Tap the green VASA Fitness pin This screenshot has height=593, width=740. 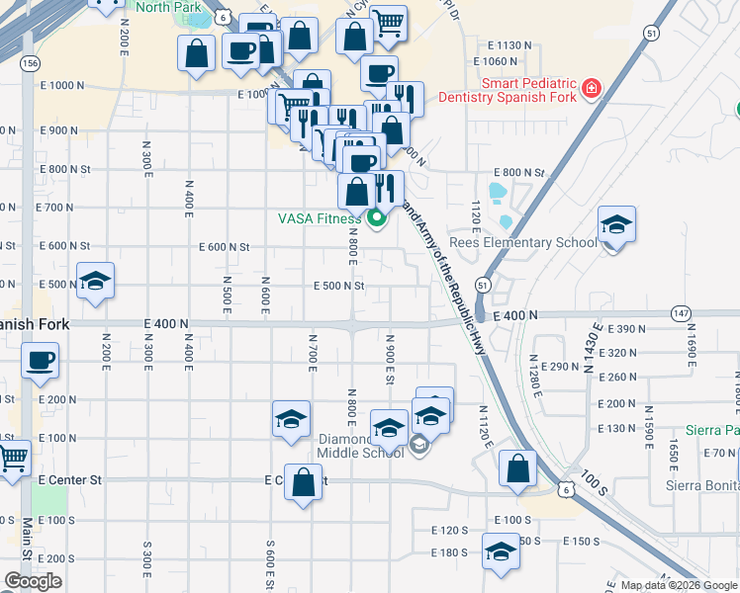(376, 218)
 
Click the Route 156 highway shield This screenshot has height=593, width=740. (30, 62)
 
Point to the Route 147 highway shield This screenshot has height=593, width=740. (682, 311)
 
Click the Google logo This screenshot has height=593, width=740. (33, 581)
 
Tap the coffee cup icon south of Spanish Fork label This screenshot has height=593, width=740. (41, 361)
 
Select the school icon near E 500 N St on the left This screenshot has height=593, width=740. (95, 282)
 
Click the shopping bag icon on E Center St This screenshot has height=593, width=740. (304, 483)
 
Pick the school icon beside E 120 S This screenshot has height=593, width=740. (502, 551)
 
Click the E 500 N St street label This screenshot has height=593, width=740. (339, 286)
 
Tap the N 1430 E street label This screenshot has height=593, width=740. (594, 347)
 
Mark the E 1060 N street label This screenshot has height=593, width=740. (510, 61)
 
